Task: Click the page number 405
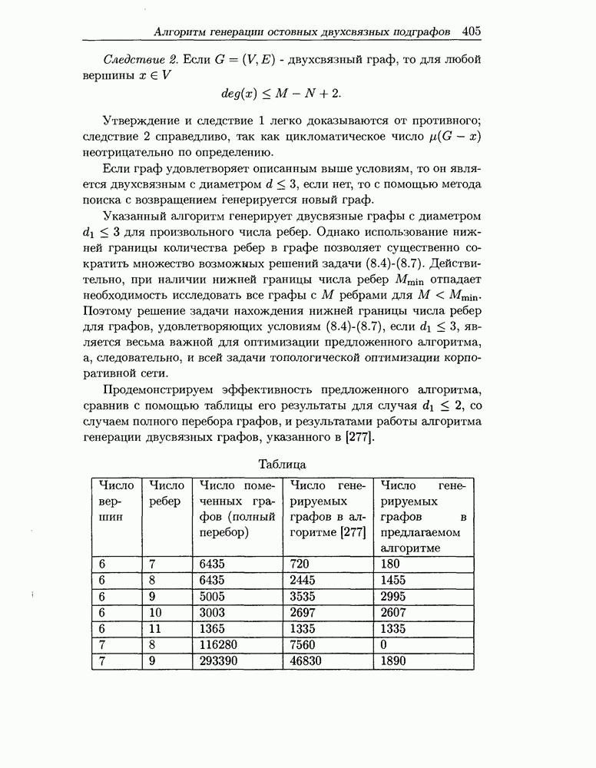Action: point(472,31)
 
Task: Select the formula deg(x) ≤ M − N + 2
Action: point(281,93)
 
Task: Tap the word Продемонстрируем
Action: point(157,389)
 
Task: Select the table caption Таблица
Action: point(282,464)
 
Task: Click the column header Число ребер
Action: point(167,493)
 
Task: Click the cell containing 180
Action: point(390,563)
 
